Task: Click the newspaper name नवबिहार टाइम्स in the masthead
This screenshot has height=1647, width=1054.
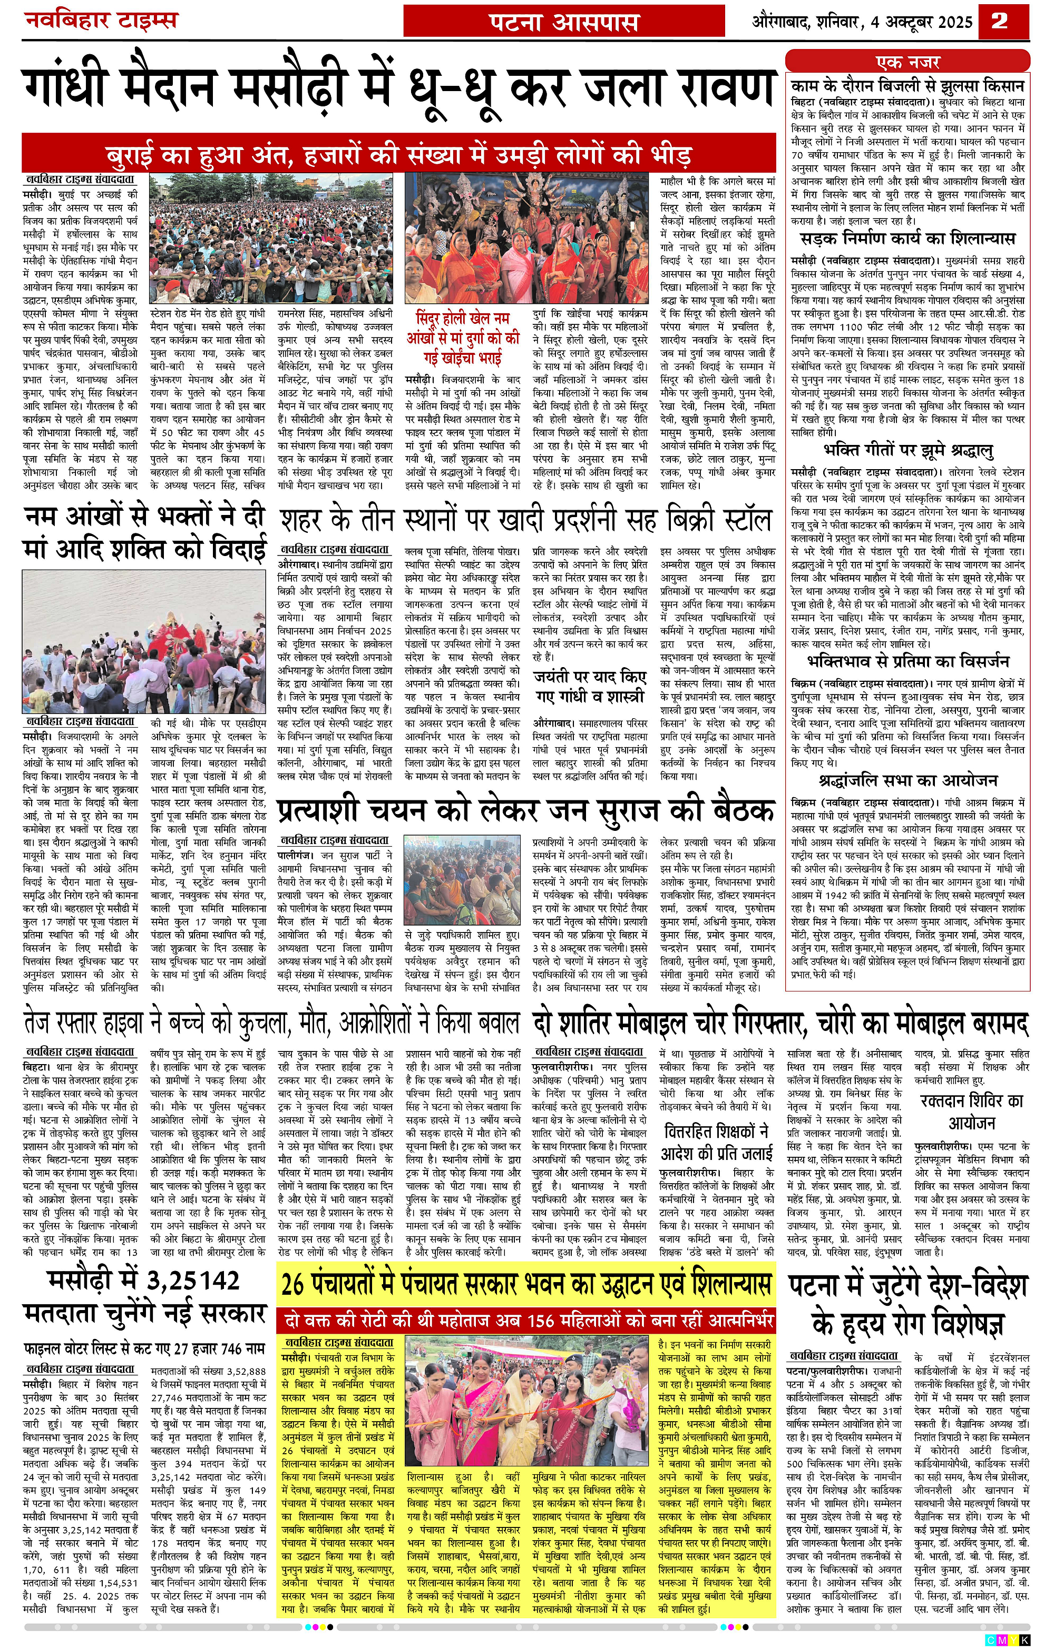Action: pos(101,21)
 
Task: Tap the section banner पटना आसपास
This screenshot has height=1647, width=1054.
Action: pos(564,22)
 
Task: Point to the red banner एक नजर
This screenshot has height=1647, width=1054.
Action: pos(907,62)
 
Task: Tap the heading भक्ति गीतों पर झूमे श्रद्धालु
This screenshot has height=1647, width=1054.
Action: pos(908,451)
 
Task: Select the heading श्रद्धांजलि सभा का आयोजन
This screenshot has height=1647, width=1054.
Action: pos(907,780)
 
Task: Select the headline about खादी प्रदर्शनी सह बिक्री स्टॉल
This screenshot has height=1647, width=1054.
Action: pos(525,521)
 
